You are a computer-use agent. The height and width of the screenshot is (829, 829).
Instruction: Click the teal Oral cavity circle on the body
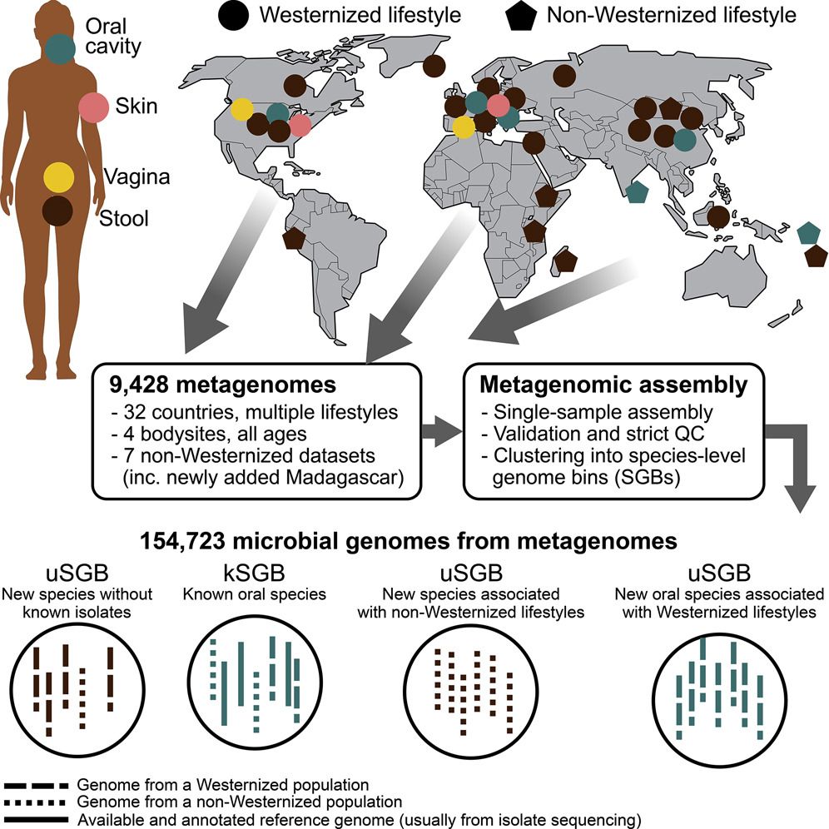click(60, 48)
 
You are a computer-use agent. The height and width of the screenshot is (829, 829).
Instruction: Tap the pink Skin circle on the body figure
click(94, 108)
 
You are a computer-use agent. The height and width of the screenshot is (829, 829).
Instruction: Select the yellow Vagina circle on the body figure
click(59, 176)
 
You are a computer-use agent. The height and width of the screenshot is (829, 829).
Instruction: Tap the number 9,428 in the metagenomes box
click(141, 385)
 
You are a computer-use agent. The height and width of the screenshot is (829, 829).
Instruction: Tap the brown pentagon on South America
click(293, 238)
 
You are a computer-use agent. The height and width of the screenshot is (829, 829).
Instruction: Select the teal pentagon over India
click(637, 192)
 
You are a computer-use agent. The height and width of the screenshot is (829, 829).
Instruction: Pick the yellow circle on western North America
click(242, 110)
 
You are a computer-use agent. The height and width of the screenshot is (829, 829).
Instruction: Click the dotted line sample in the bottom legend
click(37, 802)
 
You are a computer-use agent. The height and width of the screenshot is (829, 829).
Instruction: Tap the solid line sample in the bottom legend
click(37, 819)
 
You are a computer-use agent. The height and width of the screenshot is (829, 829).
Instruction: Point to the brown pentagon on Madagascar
click(567, 261)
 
